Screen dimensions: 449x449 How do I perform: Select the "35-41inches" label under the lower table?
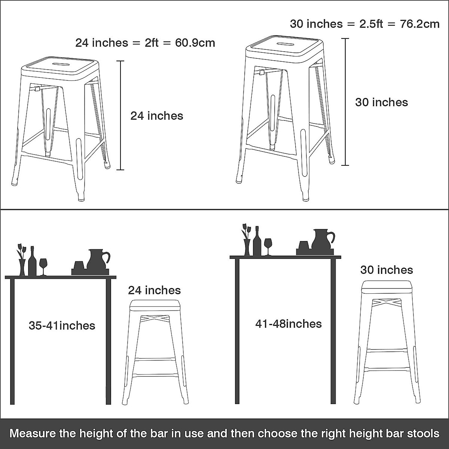pos(62,326)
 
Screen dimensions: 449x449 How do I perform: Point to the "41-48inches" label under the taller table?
pos(288,324)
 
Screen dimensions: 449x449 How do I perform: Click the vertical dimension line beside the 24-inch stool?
pos(120,115)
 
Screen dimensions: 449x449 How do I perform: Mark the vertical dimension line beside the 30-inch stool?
pos(345,102)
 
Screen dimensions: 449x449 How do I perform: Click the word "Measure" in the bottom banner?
pos(32,434)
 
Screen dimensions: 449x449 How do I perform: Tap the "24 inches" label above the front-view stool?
pos(154,290)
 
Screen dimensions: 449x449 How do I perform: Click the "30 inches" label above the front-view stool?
pos(387,270)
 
